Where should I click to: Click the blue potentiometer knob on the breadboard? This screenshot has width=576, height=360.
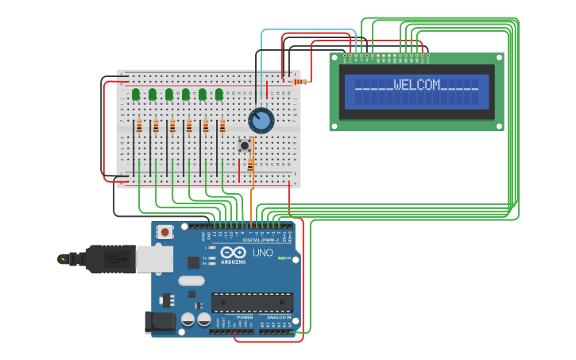pyautogui.click(x=261, y=121)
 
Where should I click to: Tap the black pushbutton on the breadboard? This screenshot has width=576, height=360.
pyautogui.click(x=245, y=145)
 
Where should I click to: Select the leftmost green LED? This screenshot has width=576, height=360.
pyautogui.click(x=136, y=95)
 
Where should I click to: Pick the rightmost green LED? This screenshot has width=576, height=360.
pyautogui.click(x=219, y=95)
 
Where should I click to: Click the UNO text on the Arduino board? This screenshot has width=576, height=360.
pyautogui.click(x=263, y=254)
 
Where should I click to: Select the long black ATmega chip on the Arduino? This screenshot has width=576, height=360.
pyautogui.click(x=252, y=302)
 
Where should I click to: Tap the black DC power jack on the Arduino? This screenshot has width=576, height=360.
pyautogui.click(x=159, y=322)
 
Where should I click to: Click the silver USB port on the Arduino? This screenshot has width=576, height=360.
pyautogui.click(x=154, y=258)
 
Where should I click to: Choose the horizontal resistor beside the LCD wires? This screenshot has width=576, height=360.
pyautogui.click(x=300, y=81)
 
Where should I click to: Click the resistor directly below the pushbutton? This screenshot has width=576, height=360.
pyautogui.click(x=251, y=165)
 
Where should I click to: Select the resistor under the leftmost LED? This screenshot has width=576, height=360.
pyautogui.click(x=139, y=126)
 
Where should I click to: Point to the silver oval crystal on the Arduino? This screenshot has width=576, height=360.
pyautogui.click(x=191, y=281)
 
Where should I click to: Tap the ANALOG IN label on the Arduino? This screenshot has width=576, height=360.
pyautogui.click(x=273, y=317)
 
